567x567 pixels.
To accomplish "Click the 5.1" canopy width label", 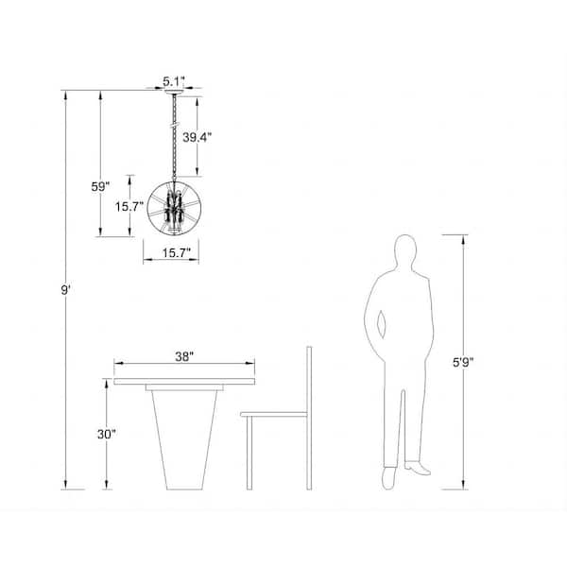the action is point(174,81).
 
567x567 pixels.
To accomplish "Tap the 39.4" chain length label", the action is point(197,137).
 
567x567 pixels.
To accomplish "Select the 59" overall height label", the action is point(100,186).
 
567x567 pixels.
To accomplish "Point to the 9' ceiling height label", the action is point(65,290).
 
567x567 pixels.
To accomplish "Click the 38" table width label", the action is point(184,356).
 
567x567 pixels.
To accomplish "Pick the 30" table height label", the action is point(106,434).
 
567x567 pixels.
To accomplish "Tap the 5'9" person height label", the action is point(463,362).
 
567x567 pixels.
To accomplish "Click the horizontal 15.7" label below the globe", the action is point(176,252).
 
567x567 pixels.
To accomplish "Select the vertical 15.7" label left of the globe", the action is point(129,206).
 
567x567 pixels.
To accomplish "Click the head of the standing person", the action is point(405,251).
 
